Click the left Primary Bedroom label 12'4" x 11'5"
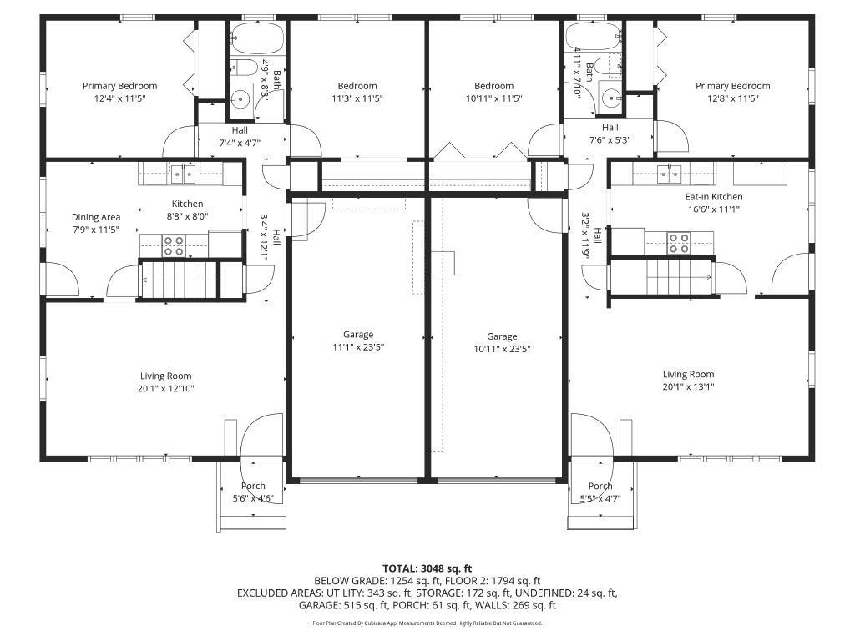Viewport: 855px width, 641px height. point(119,92)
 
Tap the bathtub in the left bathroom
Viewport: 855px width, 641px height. point(257,38)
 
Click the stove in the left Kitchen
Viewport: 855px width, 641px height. point(174,245)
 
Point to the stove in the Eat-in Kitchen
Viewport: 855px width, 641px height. point(679,243)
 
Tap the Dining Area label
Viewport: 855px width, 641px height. point(96,223)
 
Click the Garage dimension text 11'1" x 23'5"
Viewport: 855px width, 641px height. point(358,346)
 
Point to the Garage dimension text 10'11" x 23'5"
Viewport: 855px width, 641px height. point(502,349)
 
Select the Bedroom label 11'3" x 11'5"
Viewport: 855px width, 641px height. point(357,92)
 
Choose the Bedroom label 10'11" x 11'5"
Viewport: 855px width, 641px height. point(493,92)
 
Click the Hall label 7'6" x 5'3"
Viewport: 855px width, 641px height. point(610,134)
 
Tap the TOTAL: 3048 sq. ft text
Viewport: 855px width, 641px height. point(427,568)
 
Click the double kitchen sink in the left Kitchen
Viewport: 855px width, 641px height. point(183,174)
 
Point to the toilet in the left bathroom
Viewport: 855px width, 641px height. point(245,67)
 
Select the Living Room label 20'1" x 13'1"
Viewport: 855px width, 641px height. point(688,380)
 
